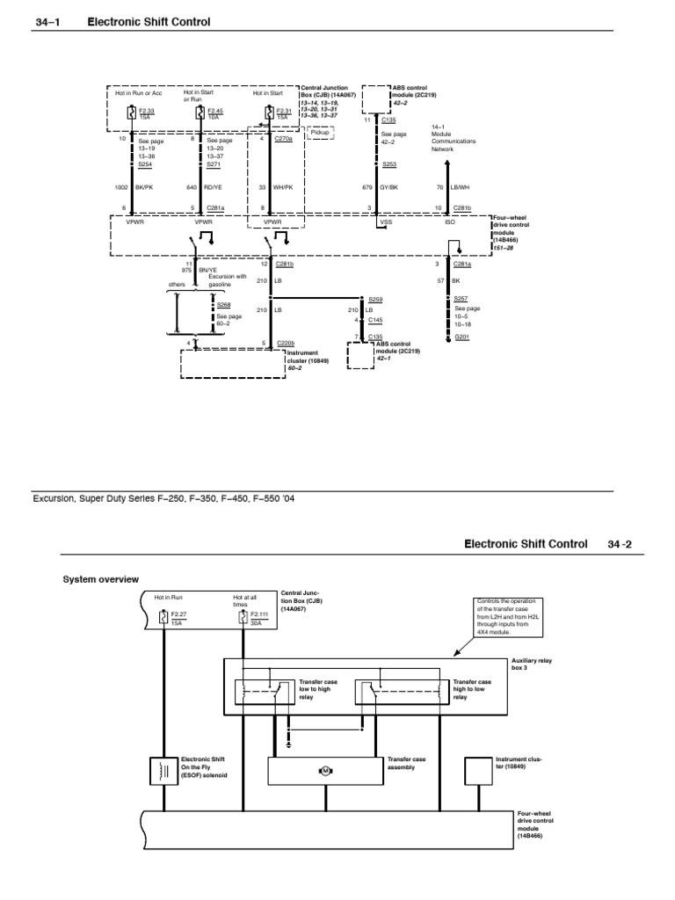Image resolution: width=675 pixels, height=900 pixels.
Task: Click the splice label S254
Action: pyautogui.click(x=145, y=164)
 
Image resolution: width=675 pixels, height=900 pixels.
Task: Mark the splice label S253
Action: pyautogui.click(x=388, y=164)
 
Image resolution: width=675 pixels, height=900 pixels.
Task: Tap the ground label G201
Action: pyautogui.click(x=462, y=337)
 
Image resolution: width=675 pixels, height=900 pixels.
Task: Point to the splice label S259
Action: pyautogui.click(x=375, y=300)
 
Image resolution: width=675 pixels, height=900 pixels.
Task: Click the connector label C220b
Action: pyautogui.click(x=285, y=343)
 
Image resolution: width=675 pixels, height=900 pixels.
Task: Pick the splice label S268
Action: pyautogui.click(x=223, y=305)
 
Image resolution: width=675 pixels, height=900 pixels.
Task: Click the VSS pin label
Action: pyautogui.click(x=385, y=222)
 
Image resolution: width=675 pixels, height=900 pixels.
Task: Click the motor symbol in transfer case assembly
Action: pyautogui.click(x=323, y=771)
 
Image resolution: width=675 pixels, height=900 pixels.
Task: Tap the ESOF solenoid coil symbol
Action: pyautogui.click(x=163, y=770)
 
